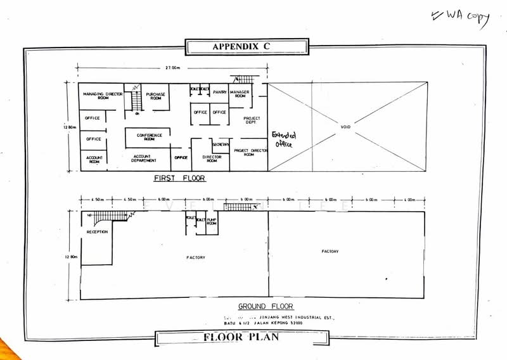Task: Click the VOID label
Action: click(x=345, y=127)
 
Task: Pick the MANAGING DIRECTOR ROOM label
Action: click(x=102, y=96)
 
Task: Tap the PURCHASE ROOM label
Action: click(x=155, y=96)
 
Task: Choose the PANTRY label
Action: click(x=220, y=92)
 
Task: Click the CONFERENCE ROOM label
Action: click(x=150, y=137)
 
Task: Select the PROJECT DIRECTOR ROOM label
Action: click(x=248, y=152)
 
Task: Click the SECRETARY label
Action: click(x=221, y=145)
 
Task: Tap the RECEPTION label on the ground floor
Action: click(x=97, y=232)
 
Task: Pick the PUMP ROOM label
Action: click(x=212, y=221)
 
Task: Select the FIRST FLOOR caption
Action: click(x=180, y=179)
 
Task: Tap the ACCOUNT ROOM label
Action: click(x=94, y=159)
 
